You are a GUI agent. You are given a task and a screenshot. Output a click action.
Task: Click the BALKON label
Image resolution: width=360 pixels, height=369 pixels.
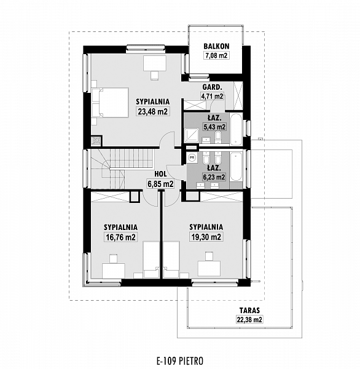(x=216, y=46)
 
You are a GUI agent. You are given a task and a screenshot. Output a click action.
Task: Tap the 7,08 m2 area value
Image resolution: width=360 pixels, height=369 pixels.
(x=216, y=55)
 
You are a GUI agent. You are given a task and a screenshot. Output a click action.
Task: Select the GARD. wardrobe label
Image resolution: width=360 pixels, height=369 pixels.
(x=212, y=87)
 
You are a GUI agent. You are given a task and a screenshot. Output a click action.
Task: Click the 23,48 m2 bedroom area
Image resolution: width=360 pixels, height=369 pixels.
(x=153, y=111)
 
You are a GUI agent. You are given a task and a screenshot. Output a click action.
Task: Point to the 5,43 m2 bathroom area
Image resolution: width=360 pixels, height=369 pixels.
(x=214, y=127)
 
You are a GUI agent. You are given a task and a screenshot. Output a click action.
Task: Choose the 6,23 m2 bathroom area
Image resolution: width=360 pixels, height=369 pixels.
(x=214, y=177)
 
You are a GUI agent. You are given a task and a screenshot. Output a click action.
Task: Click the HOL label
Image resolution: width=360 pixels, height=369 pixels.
(x=160, y=174)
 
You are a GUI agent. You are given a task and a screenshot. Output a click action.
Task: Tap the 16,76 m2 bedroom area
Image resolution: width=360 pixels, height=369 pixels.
(x=121, y=237)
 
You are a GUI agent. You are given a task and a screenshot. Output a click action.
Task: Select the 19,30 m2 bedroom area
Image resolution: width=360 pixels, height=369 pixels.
(x=206, y=237)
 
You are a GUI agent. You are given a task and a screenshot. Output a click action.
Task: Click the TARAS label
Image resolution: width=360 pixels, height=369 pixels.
(x=249, y=311)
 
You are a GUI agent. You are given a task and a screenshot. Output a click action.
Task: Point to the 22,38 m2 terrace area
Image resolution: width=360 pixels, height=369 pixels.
(x=249, y=320)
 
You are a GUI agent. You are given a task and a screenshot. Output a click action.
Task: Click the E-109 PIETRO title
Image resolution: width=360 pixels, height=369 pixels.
(x=180, y=360)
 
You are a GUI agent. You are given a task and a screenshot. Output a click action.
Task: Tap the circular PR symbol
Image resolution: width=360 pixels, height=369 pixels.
(x=192, y=157)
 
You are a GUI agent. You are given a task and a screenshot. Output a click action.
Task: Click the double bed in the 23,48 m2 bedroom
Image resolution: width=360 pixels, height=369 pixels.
(x=111, y=103)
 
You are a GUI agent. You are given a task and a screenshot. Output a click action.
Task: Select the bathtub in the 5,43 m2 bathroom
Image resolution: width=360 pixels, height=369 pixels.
(x=236, y=130)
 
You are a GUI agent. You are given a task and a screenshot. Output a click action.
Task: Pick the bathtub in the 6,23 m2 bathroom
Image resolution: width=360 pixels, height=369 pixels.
(x=236, y=167)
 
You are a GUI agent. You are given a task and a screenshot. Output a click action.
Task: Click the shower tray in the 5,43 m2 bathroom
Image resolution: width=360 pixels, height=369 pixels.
(x=192, y=135)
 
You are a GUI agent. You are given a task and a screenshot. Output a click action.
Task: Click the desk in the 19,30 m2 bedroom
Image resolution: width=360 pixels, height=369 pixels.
(x=209, y=268)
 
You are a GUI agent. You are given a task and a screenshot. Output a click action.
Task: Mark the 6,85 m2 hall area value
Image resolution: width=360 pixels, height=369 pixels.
(x=160, y=184)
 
